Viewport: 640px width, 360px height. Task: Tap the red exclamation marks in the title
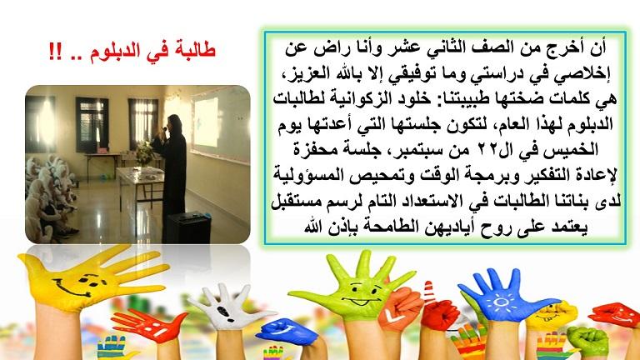(x=55, y=52)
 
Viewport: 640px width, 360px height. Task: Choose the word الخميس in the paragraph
(x=575, y=149)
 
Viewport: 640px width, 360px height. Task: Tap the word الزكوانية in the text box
(x=354, y=99)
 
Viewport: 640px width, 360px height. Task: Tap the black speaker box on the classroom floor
(x=188, y=228)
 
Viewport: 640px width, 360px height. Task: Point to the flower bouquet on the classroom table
(x=144, y=152)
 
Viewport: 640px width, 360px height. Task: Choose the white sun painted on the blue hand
(x=500, y=302)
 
